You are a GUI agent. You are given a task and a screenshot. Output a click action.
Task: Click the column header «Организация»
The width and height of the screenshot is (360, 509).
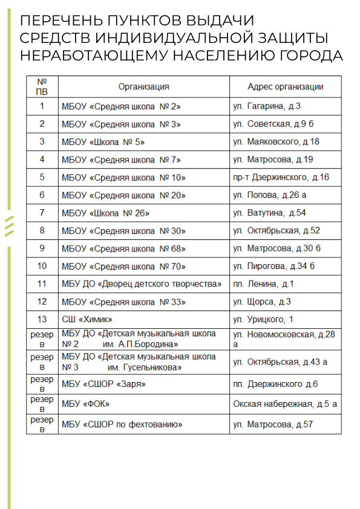[x=143, y=86]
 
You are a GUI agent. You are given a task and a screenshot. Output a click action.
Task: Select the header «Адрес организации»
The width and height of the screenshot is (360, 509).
[x=285, y=86]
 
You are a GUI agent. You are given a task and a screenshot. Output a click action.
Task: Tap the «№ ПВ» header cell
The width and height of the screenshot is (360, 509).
[x=42, y=86]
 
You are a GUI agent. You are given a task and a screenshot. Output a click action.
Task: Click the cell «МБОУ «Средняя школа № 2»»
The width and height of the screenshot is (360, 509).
[x=121, y=106]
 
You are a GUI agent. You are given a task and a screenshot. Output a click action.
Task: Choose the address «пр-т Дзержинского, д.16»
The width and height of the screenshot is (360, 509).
[x=281, y=178]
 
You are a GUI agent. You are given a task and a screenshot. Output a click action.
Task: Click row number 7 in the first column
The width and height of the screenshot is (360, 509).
[x=42, y=213]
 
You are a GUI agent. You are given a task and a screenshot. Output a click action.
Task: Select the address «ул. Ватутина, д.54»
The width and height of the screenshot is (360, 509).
[x=269, y=213]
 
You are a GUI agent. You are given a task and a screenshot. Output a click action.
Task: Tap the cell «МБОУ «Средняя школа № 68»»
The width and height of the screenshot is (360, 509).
[x=123, y=248]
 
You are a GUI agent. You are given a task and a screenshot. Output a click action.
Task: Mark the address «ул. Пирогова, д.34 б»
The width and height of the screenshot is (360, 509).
[x=274, y=267]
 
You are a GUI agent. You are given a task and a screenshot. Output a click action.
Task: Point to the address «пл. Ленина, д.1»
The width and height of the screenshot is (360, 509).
[x=263, y=284]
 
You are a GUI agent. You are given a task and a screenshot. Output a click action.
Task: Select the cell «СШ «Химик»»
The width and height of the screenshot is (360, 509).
[x=87, y=319]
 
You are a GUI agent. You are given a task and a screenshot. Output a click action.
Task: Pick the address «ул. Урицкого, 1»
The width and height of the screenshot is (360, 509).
[x=263, y=319]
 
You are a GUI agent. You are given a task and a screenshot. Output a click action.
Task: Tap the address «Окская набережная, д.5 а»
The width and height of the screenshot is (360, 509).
[x=285, y=404]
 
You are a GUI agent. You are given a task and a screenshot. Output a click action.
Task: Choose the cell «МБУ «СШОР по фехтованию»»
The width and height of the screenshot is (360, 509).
[x=122, y=424]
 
